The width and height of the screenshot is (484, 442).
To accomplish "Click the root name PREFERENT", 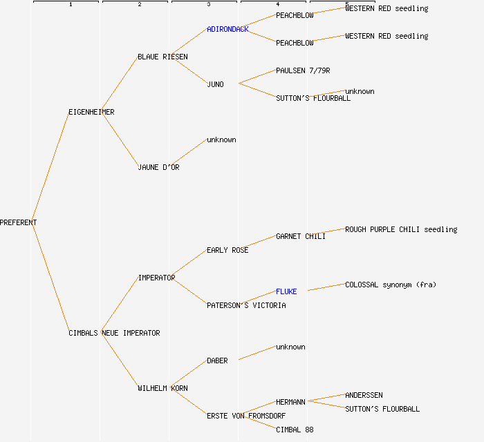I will tap(19, 222).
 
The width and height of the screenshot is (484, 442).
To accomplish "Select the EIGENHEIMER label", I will tap(91, 112).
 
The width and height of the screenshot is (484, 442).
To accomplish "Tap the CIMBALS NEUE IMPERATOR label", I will tap(114, 333).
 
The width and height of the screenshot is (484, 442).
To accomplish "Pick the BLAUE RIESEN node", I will tap(162, 57).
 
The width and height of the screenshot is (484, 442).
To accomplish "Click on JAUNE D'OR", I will tap(158, 167).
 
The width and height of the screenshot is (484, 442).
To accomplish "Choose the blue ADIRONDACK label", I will tap(227, 29).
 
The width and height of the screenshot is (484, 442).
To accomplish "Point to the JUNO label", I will tap(215, 84).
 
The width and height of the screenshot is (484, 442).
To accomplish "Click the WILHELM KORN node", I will tap(162, 388).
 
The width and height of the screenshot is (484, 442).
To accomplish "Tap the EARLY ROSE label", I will tap(227, 250).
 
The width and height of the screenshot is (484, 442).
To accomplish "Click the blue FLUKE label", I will tap(286, 291).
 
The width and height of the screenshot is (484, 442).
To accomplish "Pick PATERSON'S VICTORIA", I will tap(246, 305).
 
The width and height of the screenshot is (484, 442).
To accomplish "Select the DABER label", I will tap(217, 361).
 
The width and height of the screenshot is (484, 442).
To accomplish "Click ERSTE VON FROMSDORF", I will tap(246, 416).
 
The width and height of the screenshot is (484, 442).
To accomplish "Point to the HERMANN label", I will tap(290, 402).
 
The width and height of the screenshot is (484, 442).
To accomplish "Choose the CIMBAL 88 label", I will tap(295, 430).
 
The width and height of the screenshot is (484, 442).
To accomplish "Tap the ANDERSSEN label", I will tap(364, 395).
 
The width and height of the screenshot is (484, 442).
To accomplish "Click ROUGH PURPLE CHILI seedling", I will tap(401, 229).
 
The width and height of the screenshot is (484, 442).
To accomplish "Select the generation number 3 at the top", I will tap(208, 5).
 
